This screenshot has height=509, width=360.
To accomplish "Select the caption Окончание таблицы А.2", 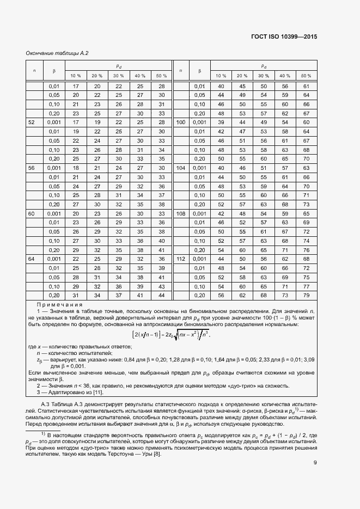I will point(57,53).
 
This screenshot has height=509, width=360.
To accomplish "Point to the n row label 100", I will point(181,122).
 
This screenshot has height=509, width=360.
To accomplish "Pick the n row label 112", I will point(181,259).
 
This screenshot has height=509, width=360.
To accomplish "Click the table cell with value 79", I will point(306,295).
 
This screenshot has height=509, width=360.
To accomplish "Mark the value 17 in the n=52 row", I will point(76,122).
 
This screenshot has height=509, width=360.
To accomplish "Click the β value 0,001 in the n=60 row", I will point(54,213).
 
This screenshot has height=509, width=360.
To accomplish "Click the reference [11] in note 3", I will point(98,392).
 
